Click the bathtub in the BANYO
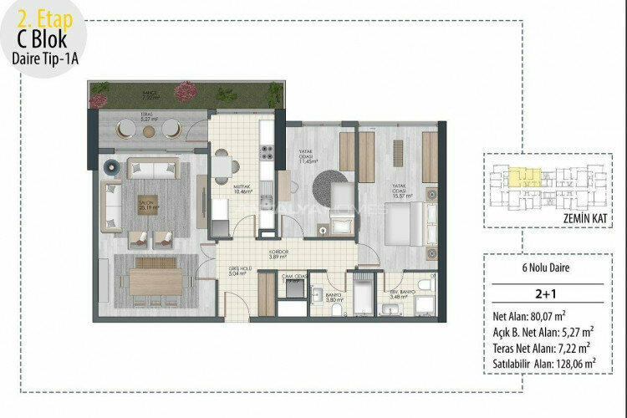[366, 299]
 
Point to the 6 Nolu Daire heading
[548, 268]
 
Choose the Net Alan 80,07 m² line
[529, 317]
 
